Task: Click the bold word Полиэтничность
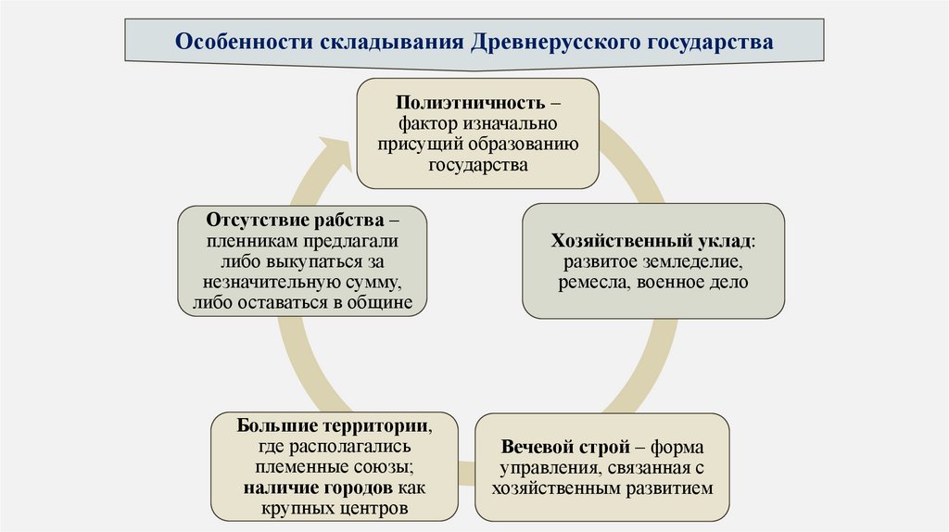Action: [x=469, y=100]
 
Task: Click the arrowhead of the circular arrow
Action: [x=329, y=152]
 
